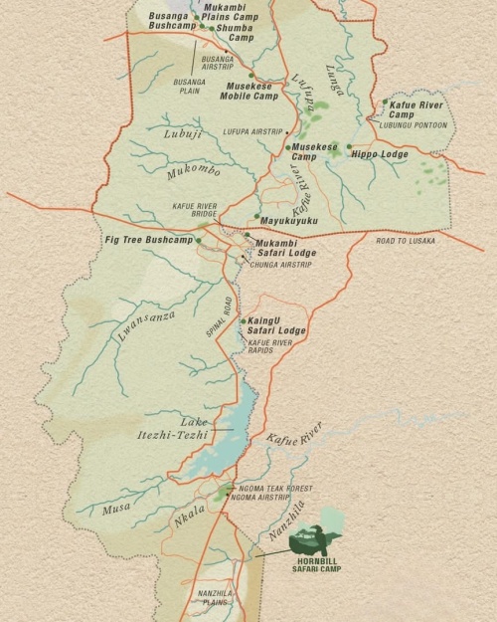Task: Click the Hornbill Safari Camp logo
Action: coord(318,539)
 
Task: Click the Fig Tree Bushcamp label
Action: coord(149,240)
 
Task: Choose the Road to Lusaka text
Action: coord(405,241)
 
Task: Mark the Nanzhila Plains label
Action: coord(215,597)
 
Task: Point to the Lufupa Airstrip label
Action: coord(253,131)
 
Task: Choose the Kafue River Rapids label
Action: coord(270,346)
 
